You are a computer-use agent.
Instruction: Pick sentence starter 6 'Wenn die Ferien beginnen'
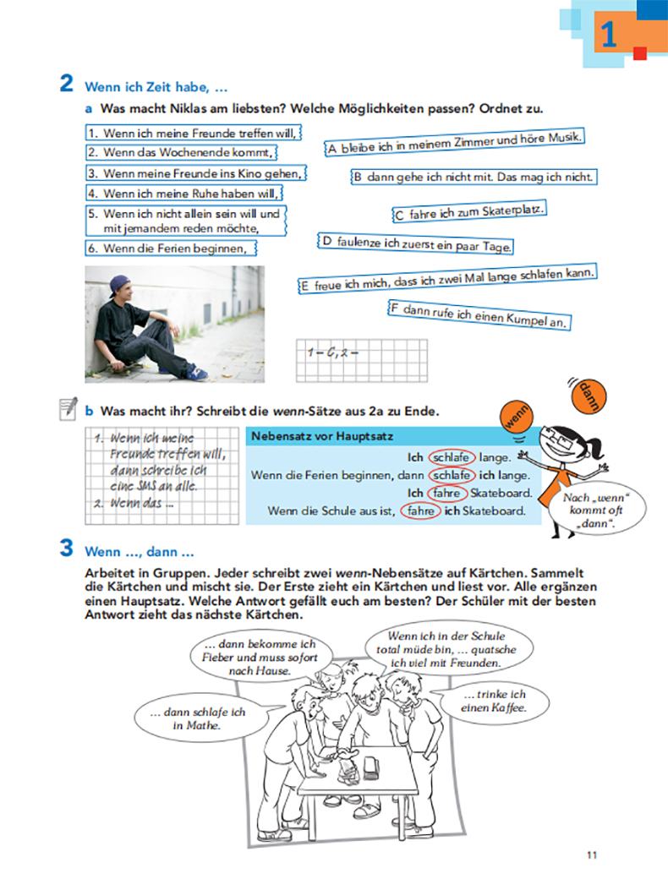pos(172,248)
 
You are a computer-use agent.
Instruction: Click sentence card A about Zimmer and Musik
pos(455,144)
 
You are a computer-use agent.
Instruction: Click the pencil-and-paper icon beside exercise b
pos(68,411)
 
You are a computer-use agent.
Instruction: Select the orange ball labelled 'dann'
pos(586,395)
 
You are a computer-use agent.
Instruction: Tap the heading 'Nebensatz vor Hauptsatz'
pos(309,436)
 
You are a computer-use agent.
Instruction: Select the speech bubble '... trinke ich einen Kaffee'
pos(495,702)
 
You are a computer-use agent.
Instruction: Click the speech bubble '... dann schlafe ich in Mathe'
pos(198,718)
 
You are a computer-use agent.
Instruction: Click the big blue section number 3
pos(66,549)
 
